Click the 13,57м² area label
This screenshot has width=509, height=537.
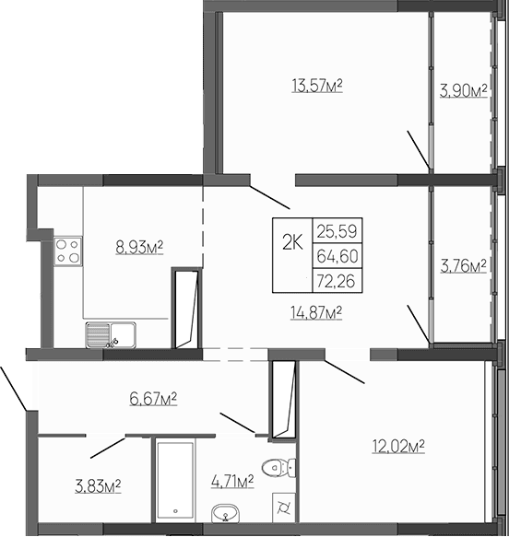pos(317,88)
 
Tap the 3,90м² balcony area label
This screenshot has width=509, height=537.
pos(464,90)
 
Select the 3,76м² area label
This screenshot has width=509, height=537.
pos(464,267)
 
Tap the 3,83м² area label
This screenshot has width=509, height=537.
pos(100,485)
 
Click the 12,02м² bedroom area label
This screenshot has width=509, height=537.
pos(398,446)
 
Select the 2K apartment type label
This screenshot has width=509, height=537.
pos(292,242)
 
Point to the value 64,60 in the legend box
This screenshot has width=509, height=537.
pos(337,255)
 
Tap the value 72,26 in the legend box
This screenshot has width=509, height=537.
pos(337,277)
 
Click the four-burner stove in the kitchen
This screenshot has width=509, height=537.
pos(67,251)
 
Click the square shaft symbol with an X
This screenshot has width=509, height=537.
pos(283,508)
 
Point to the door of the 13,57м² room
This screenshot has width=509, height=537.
pos(271,192)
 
